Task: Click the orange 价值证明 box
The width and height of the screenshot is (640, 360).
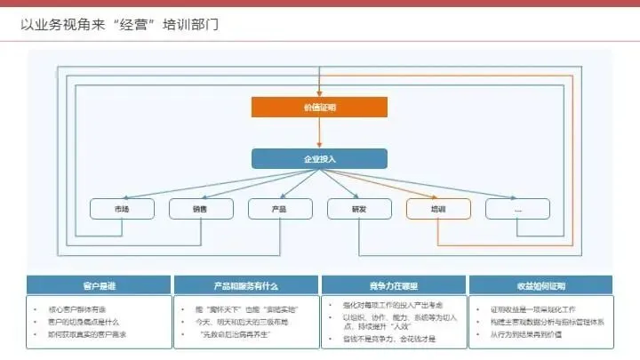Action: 319,107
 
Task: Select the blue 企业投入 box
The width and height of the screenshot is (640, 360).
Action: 319,158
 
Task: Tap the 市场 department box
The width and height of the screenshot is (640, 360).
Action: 121,209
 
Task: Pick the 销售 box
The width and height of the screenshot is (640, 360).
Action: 200,209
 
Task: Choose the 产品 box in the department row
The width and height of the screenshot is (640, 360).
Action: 279,209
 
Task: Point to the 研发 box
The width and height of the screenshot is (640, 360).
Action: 358,209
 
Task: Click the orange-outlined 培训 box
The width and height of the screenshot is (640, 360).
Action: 437,209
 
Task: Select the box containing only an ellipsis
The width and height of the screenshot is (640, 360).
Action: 517,209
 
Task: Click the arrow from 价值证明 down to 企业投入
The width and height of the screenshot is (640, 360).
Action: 319,132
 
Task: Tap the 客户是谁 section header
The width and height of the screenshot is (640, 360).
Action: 99,285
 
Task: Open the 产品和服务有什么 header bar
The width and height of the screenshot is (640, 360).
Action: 245,285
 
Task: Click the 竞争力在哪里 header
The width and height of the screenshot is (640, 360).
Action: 393,285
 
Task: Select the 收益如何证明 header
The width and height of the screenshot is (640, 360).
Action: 540,285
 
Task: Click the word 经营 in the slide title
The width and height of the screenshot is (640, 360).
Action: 134,24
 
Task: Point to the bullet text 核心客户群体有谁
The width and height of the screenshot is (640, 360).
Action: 79,308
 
